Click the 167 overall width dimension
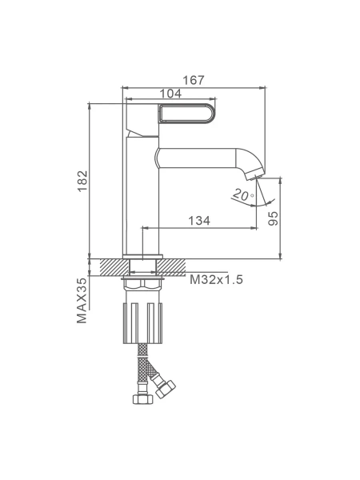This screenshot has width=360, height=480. (x=193, y=80)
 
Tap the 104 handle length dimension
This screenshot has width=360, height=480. (x=170, y=94)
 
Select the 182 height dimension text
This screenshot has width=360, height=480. (x=82, y=181)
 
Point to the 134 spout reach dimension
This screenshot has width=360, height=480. (x=199, y=221)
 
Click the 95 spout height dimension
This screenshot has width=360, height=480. (x=274, y=218)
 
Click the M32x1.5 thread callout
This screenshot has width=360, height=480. (x=216, y=279)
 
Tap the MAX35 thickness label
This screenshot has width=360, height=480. (x=82, y=300)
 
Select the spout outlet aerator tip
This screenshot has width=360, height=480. (x=255, y=176)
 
